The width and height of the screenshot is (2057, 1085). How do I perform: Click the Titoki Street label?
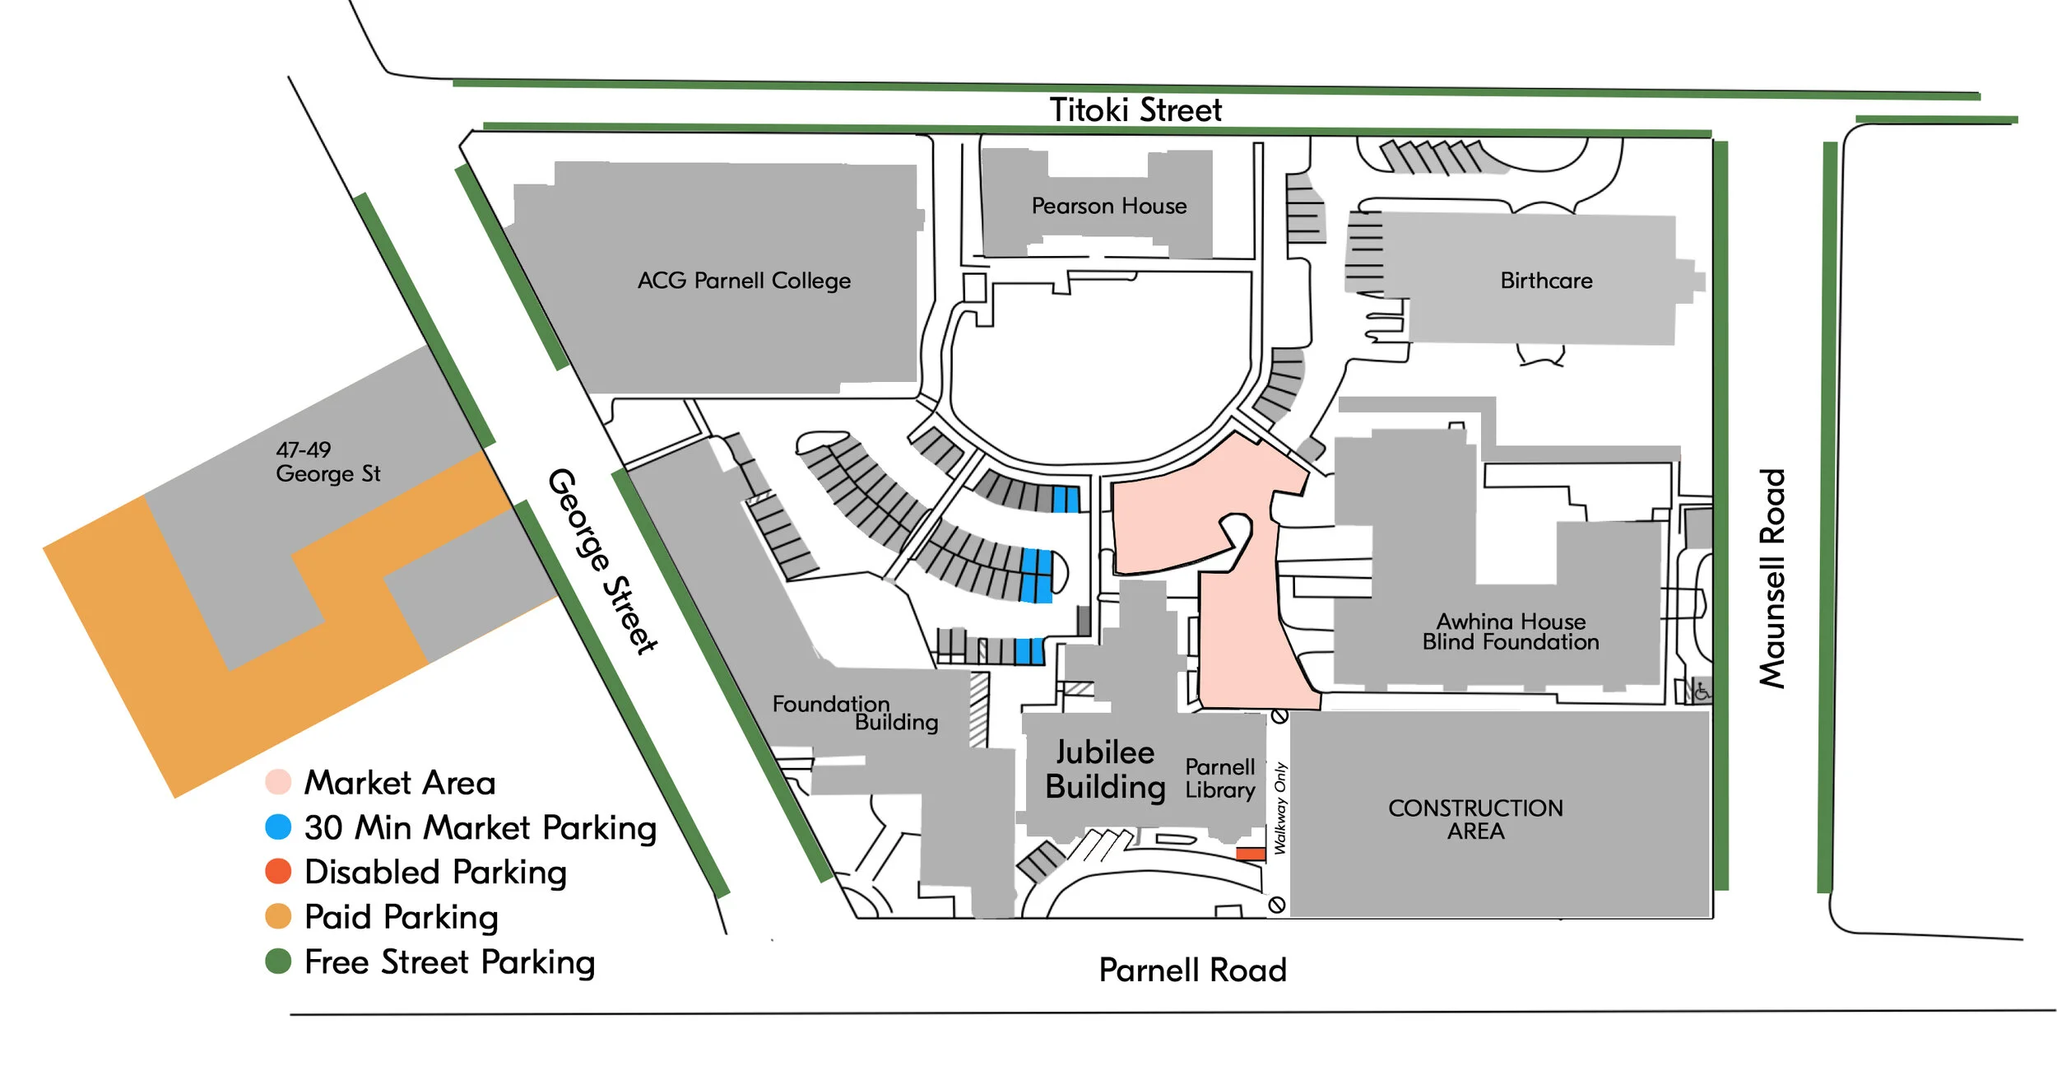pos(1135,110)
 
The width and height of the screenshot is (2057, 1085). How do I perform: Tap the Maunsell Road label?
pos(1772,578)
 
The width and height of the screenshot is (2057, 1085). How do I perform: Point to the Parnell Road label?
pos(1192,970)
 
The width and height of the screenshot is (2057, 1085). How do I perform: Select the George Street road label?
pos(603,561)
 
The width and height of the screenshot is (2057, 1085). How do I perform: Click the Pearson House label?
pos(1109,206)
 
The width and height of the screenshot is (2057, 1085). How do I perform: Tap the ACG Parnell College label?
pos(744,281)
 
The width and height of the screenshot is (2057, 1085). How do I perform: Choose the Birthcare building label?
pos(1546,281)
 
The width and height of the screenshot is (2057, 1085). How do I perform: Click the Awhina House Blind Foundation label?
pos(1511,631)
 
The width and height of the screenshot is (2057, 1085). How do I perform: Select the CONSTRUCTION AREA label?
pos(1475,819)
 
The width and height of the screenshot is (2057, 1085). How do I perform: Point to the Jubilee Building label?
pos(1105,770)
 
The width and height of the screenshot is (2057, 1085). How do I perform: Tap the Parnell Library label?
pos(1219,778)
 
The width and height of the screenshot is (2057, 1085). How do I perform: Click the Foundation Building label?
pos(856,713)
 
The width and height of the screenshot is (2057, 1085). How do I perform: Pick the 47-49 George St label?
pos(327,462)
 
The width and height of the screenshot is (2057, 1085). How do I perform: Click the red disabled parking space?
pos(1250,854)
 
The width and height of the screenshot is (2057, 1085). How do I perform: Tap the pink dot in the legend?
pos(278,782)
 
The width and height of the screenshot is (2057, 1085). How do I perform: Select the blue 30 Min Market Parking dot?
pos(278,827)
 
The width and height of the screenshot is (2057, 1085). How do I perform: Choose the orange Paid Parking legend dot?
pos(278,916)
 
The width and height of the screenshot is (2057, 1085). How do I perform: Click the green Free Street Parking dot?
pos(278,962)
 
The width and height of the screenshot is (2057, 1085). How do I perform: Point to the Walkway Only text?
pos(1280,808)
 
